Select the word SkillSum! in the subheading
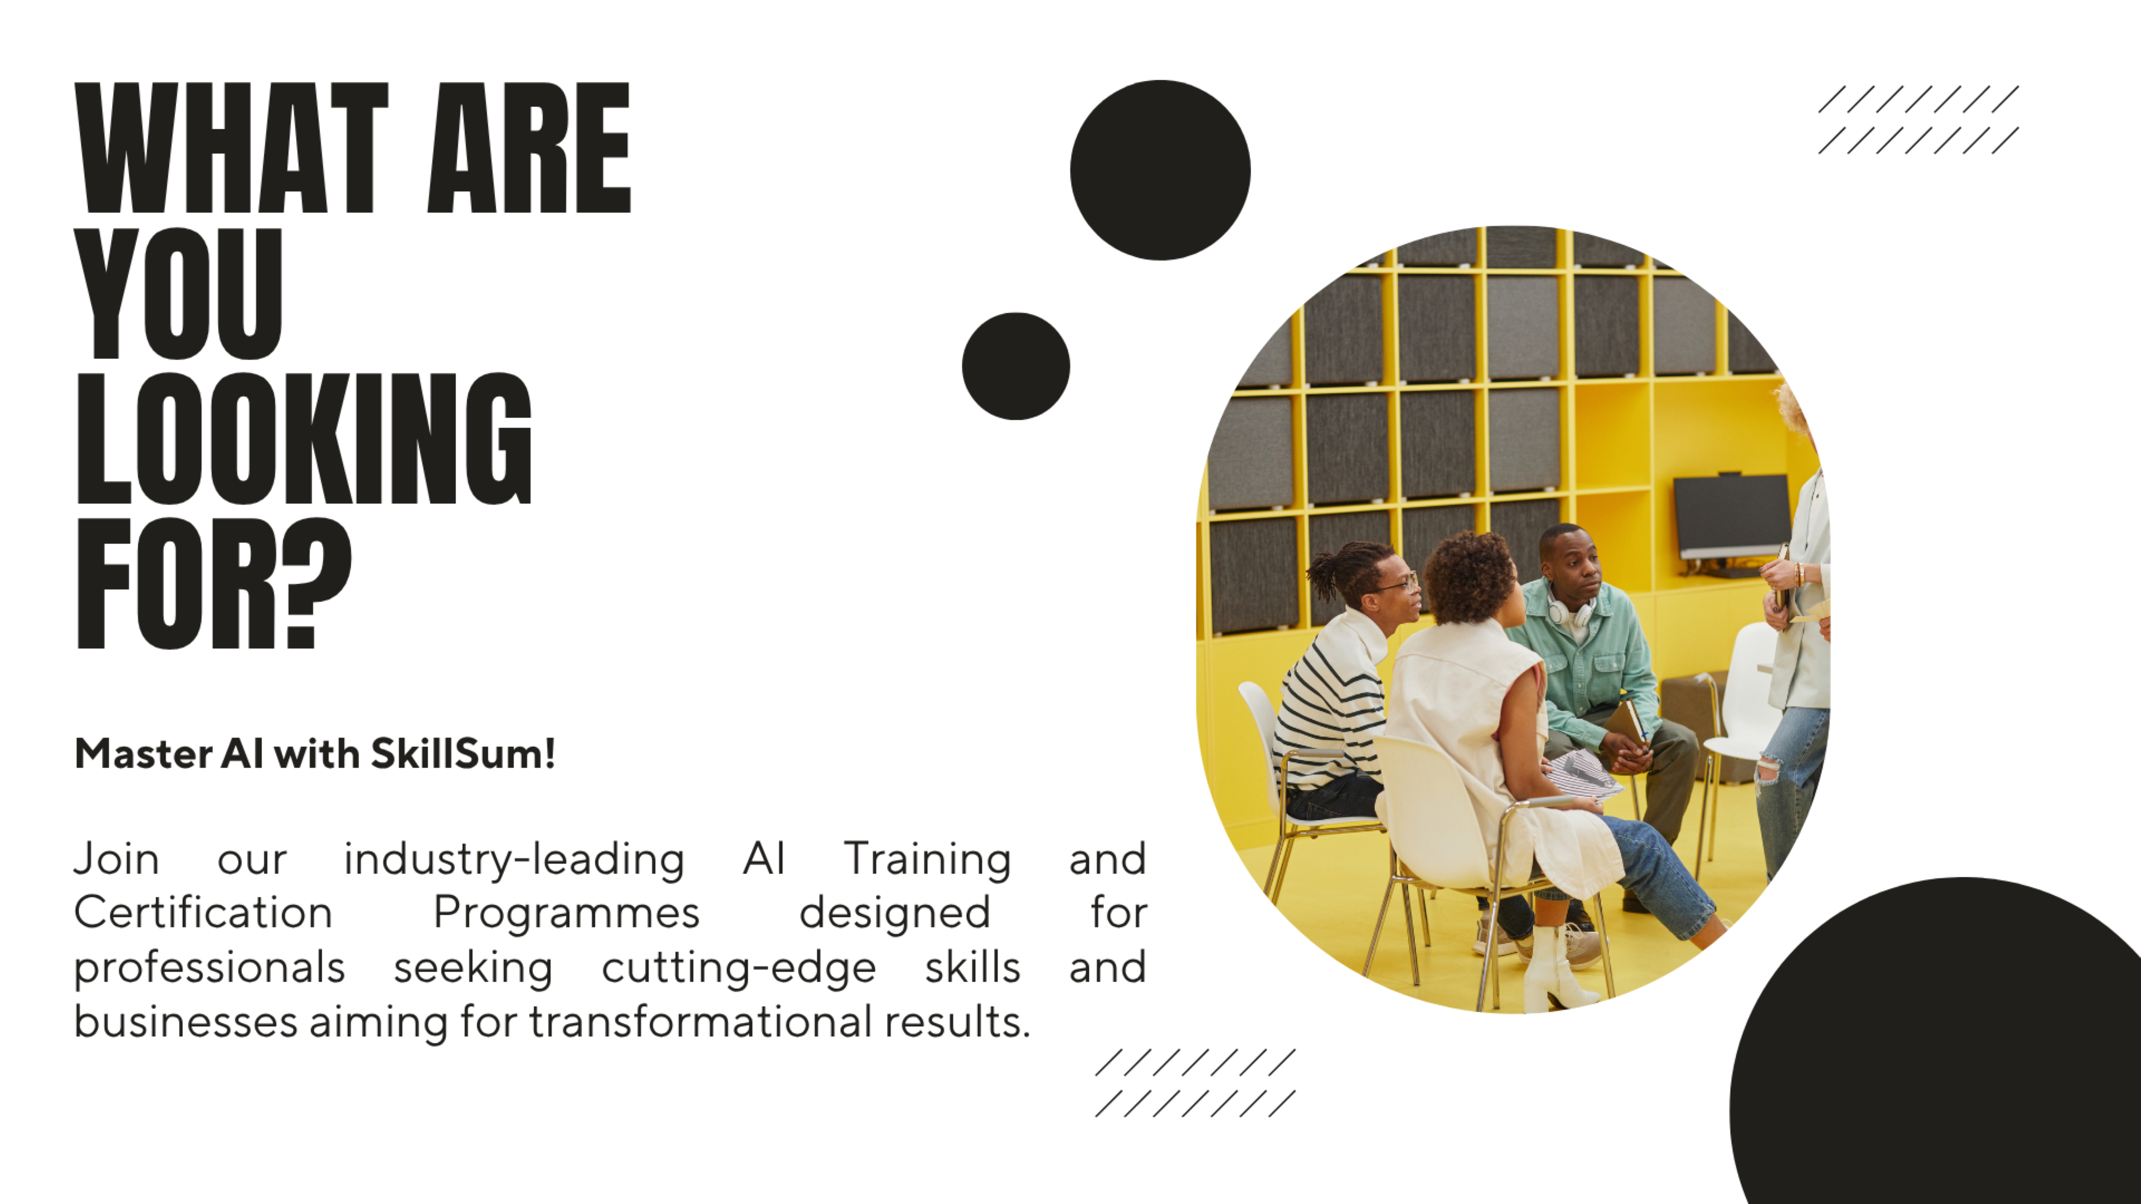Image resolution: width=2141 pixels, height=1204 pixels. pos(463,754)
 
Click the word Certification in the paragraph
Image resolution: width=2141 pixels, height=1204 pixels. pos(204,912)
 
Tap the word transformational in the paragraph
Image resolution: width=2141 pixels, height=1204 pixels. pos(701,1021)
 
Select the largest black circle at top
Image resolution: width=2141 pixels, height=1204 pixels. pos(1160,171)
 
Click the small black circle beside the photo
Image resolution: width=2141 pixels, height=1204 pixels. pos(1016,366)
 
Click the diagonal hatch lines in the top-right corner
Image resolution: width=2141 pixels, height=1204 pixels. pos(1918,120)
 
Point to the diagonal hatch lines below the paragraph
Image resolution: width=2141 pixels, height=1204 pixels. pos(1195,1082)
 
